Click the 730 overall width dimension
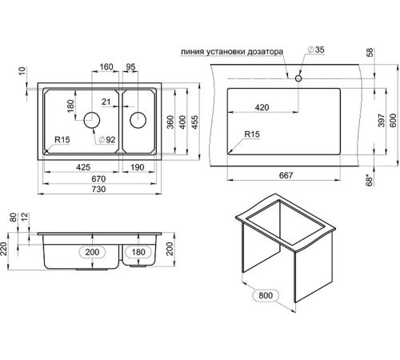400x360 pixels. click(98, 189)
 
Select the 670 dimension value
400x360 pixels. click(98, 178)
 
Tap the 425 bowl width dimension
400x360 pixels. click(83, 167)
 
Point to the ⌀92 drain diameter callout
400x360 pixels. click(107, 139)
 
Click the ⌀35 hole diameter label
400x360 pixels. click(316, 50)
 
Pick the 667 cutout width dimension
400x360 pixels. click(286, 175)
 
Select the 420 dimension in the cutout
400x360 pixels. click(262, 107)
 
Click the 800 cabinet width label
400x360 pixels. click(266, 295)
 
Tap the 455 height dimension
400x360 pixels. click(195, 122)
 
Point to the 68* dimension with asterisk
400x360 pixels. click(370, 180)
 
